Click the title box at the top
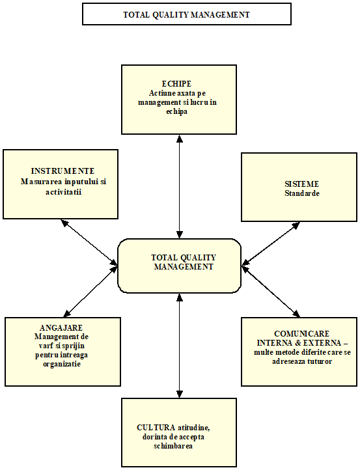186,14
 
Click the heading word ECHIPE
176,83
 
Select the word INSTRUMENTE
62,171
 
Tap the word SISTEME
301,184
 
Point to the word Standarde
302,193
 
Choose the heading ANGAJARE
61,327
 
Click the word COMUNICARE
301,334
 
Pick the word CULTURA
156,428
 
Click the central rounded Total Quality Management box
179,266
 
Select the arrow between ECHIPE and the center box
179,186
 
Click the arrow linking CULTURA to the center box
179,346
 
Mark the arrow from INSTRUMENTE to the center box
89,242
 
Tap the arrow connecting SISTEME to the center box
271,243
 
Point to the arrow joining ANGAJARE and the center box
90,292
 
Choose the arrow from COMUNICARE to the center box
271,292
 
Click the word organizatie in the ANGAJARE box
62,364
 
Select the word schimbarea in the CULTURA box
173,446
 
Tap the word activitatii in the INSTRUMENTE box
64,192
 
